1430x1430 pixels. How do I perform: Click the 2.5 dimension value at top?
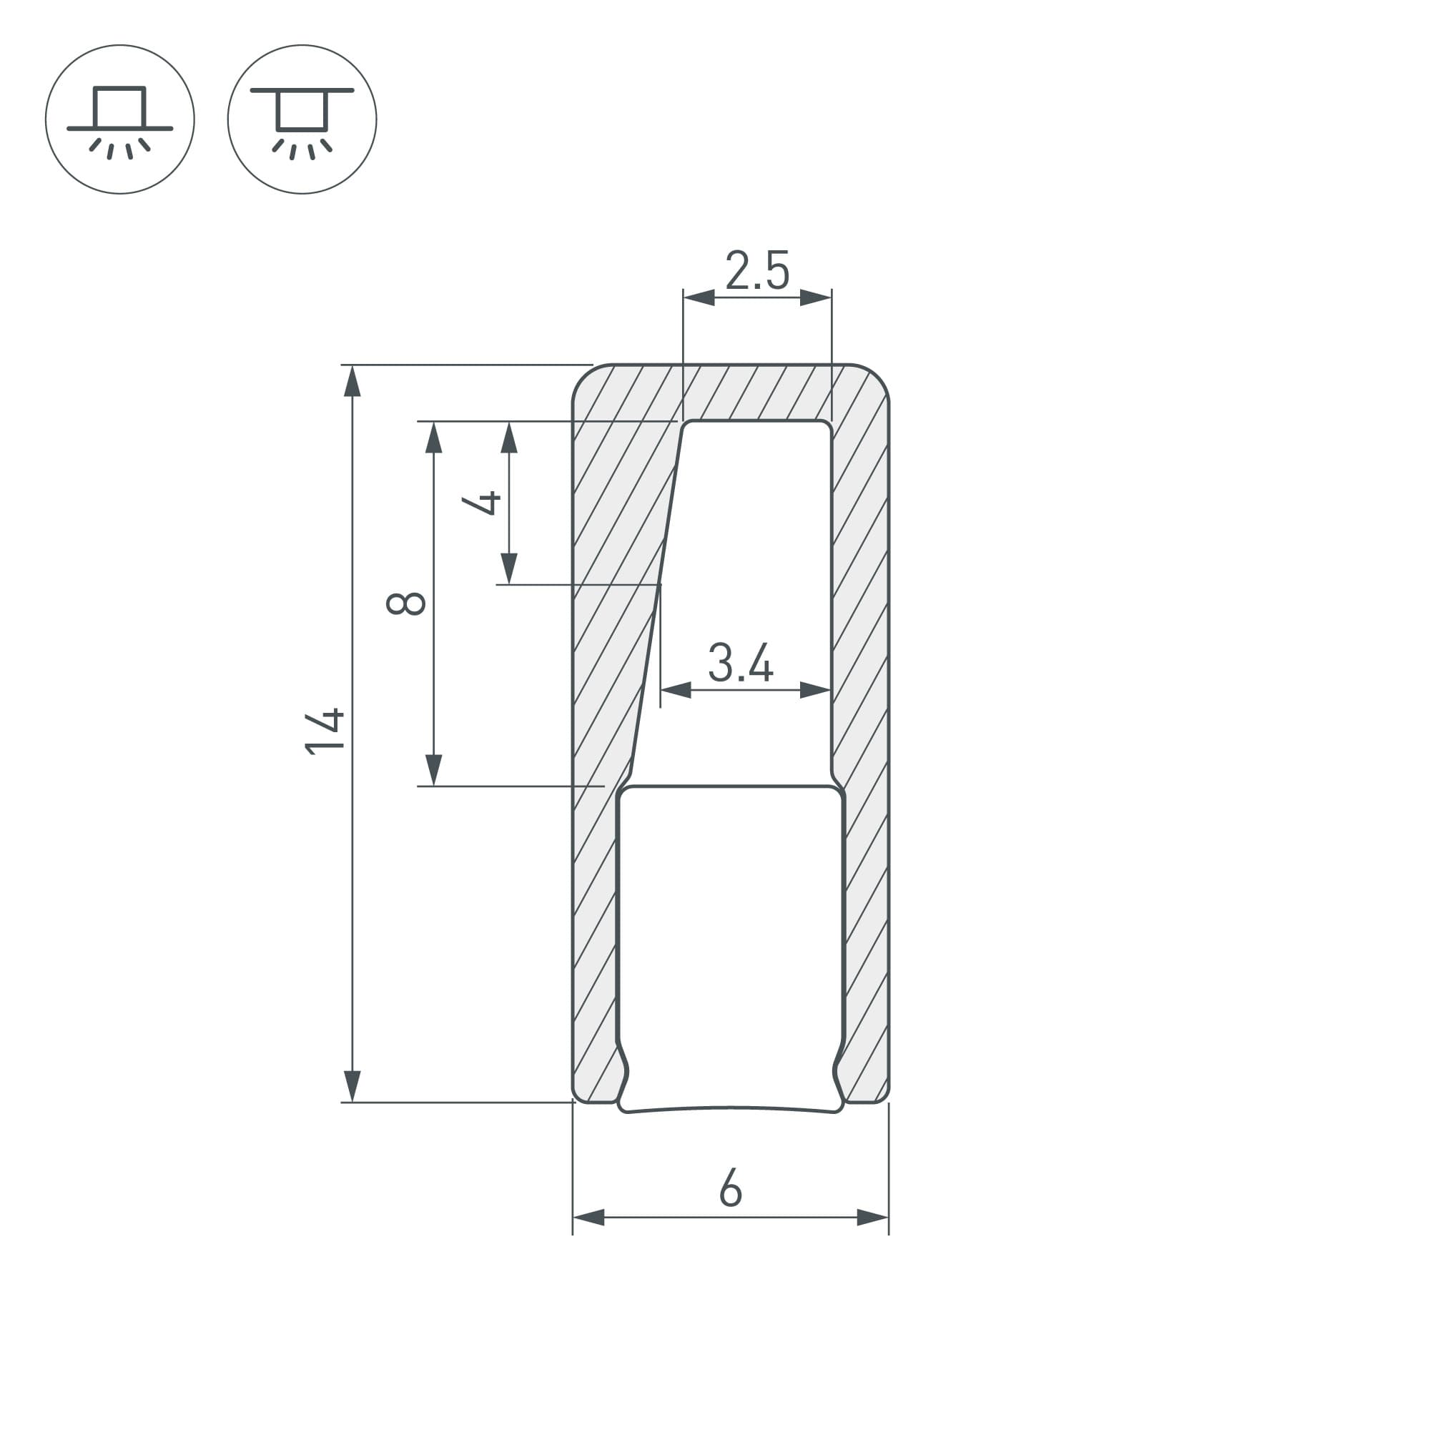757,270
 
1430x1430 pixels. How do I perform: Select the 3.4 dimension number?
740,664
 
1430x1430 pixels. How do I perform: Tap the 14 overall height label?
325,732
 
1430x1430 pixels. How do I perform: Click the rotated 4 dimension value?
482,503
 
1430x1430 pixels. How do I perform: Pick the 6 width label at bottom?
730,1188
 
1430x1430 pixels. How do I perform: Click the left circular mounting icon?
120,119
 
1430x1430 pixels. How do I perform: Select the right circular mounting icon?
302,119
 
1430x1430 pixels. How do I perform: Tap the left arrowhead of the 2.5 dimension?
698,298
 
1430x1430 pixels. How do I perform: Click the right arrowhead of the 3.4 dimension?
817,691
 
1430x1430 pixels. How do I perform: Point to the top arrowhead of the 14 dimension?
353,381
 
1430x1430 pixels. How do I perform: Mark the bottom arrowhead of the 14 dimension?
353,1086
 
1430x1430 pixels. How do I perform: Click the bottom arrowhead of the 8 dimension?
434,770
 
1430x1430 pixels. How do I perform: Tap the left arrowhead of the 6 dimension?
588,1218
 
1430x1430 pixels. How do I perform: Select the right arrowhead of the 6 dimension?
872,1218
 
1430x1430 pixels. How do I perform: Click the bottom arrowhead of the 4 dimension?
509,568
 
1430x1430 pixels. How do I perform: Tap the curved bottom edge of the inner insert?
731,1108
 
